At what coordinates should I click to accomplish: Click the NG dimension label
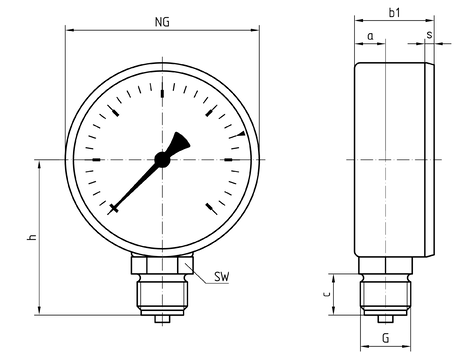coord(162,22)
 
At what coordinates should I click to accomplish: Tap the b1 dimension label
coord(395,13)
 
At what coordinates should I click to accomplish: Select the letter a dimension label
coord(370,36)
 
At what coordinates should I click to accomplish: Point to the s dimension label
coord(429,35)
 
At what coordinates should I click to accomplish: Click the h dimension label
coord(32,237)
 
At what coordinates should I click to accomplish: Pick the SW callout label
coord(222,277)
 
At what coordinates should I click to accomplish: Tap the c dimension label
coord(327,294)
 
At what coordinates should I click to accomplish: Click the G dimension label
coord(386,338)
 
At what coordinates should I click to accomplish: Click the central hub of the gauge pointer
coord(162,160)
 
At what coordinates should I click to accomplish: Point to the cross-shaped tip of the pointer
coord(114,208)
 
